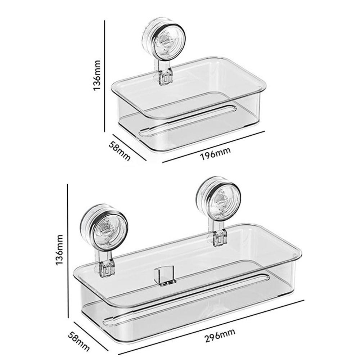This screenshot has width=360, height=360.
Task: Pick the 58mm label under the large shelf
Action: click(x=78, y=342)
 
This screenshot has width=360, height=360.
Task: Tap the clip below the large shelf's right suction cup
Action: click(x=219, y=238)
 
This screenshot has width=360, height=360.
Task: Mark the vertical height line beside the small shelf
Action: click(x=105, y=76)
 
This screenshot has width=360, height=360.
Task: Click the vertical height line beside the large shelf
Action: click(x=68, y=248)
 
